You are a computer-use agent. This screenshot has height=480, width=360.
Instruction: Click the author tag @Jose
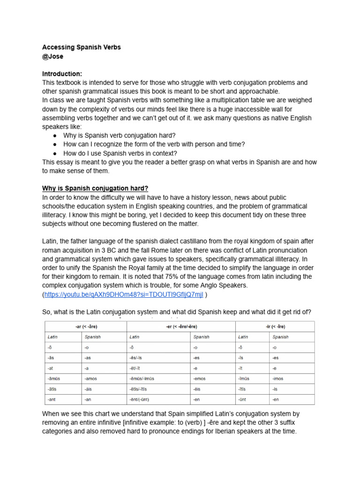click(52, 57)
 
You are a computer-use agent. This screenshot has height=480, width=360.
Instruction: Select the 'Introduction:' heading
click(62, 74)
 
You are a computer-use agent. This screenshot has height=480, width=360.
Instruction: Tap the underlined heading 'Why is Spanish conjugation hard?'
click(95, 188)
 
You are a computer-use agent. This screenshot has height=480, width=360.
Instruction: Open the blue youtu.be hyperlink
click(124, 294)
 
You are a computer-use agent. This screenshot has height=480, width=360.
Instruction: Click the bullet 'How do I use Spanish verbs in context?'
click(120, 153)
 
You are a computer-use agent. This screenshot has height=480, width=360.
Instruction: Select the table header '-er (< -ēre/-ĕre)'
click(180, 327)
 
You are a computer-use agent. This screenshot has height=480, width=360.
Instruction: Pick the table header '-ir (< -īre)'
click(275, 327)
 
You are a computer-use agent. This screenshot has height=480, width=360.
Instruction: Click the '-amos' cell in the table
click(92, 378)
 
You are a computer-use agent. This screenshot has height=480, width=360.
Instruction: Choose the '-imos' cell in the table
click(280, 378)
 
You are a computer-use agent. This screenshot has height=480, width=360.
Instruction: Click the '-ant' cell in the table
click(52, 399)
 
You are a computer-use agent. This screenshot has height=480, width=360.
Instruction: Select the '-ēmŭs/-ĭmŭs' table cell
click(142, 378)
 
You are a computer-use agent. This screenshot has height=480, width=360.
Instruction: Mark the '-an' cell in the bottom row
click(89, 399)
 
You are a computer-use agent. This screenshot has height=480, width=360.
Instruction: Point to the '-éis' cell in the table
click(198, 389)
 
